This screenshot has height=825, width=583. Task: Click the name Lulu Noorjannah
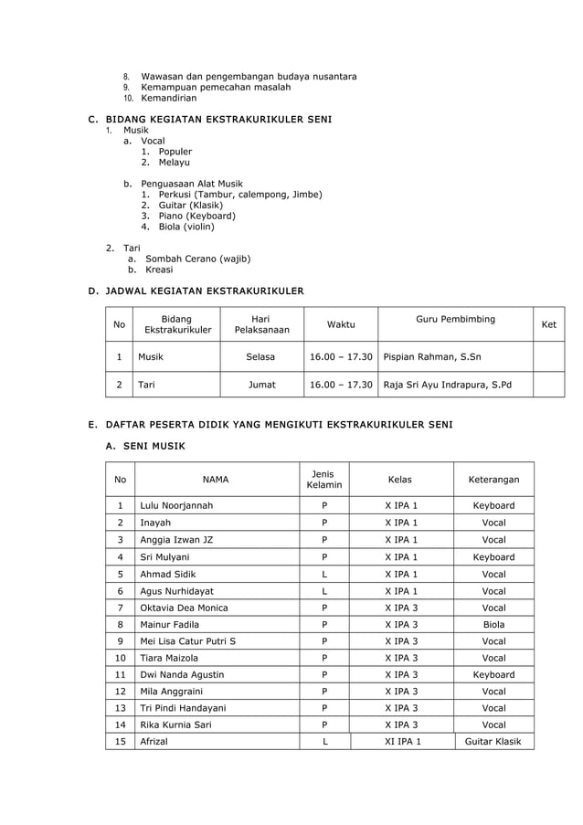(176, 505)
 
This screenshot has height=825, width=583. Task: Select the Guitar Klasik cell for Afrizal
(493, 742)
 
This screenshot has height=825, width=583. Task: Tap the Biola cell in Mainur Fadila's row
(493, 624)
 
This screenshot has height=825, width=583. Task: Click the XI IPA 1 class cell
(401, 742)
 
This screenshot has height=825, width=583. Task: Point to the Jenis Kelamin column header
(323, 479)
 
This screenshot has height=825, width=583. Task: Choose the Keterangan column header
(493, 479)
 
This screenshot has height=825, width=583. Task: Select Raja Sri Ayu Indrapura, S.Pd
(449, 385)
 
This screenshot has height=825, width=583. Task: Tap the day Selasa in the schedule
(261, 357)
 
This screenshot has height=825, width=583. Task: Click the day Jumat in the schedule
(261, 385)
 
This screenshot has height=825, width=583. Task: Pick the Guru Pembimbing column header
(455, 319)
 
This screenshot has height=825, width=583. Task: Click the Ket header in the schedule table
(548, 324)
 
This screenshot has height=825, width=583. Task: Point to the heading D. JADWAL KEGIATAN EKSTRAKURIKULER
(196, 291)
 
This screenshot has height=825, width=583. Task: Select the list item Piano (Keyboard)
(196, 216)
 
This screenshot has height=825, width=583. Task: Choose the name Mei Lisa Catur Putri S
(187, 640)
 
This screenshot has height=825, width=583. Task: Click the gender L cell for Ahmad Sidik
(323, 574)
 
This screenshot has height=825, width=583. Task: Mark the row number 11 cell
(120, 674)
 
